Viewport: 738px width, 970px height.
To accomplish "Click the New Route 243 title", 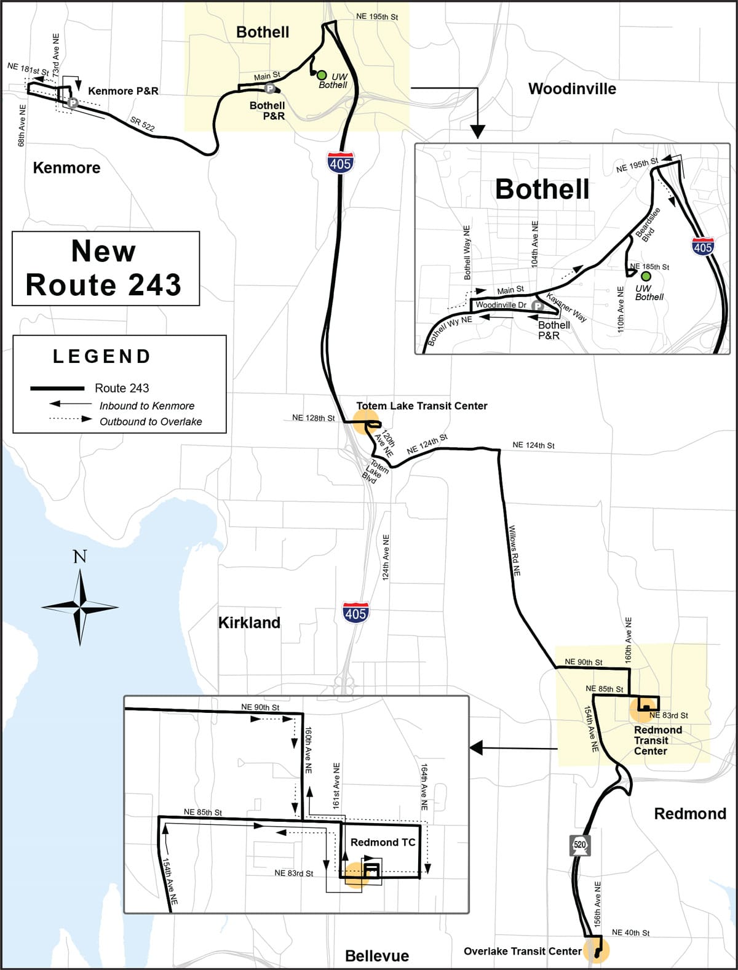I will pyautogui.click(x=105, y=268).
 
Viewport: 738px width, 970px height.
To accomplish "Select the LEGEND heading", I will pyautogui.click(x=101, y=357).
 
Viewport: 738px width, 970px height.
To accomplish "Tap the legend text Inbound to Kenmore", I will pyautogui.click(x=147, y=406).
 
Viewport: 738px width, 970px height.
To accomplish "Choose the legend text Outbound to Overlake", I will pyautogui.click(x=151, y=422).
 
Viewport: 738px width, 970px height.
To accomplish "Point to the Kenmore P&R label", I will pyautogui.click(x=123, y=91).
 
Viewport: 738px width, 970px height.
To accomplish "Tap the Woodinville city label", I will pyautogui.click(x=572, y=89).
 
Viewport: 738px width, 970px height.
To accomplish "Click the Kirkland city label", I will pyautogui.click(x=249, y=623).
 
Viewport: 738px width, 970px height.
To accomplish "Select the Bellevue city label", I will pyautogui.click(x=376, y=956).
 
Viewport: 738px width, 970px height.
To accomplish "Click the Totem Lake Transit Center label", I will pyautogui.click(x=422, y=406).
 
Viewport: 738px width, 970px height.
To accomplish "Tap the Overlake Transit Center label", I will pyautogui.click(x=522, y=952).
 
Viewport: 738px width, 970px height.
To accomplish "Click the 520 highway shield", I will pyautogui.click(x=580, y=845).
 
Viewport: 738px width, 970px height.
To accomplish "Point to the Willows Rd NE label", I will pyautogui.click(x=515, y=550).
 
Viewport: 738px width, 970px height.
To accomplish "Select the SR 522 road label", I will pyautogui.click(x=142, y=124).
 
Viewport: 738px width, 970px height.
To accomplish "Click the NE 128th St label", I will pyautogui.click(x=313, y=418).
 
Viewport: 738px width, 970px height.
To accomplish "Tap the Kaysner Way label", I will pyautogui.click(x=566, y=308).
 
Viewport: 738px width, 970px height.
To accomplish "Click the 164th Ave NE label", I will pyautogui.click(x=424, y=787).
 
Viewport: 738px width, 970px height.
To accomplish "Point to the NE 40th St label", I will pyautogui.click(x=630, y=933).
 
